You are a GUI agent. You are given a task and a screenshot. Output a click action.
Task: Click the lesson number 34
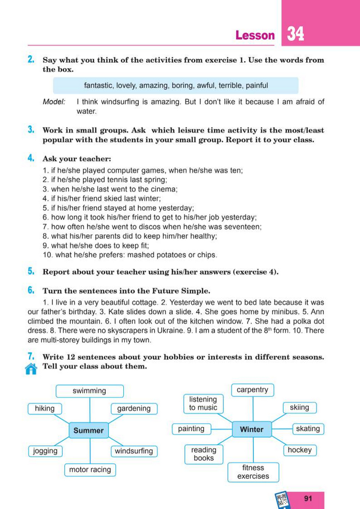click(296, 34)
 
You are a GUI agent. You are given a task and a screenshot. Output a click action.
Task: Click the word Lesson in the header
click(255, 35)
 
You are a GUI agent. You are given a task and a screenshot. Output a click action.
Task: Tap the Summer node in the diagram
click(89, 430)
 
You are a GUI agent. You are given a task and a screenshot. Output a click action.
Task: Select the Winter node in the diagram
click(252, 429)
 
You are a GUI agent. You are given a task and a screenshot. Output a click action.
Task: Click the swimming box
click(89, 391)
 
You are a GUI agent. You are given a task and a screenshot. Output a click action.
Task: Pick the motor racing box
click(90, 470)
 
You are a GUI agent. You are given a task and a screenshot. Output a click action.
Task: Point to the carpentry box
click(252, 389)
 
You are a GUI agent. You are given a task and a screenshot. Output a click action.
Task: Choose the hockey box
click(299, 450)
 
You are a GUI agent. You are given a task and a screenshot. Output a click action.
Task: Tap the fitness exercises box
click(253, 472)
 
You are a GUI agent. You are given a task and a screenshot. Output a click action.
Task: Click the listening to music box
click(203, 403)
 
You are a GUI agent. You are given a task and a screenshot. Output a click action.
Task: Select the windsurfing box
click(134, 451)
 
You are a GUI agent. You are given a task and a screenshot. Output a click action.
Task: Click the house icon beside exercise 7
click(31, 369)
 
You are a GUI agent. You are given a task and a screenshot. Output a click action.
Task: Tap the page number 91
click(308, 499)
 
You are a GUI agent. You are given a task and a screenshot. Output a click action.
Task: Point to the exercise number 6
click(31, 290)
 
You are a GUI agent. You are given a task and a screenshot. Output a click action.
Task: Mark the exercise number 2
click(31, 60)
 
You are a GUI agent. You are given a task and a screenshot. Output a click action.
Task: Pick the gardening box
click(134, 409)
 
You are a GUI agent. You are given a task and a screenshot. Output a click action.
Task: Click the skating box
click(308, 429)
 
